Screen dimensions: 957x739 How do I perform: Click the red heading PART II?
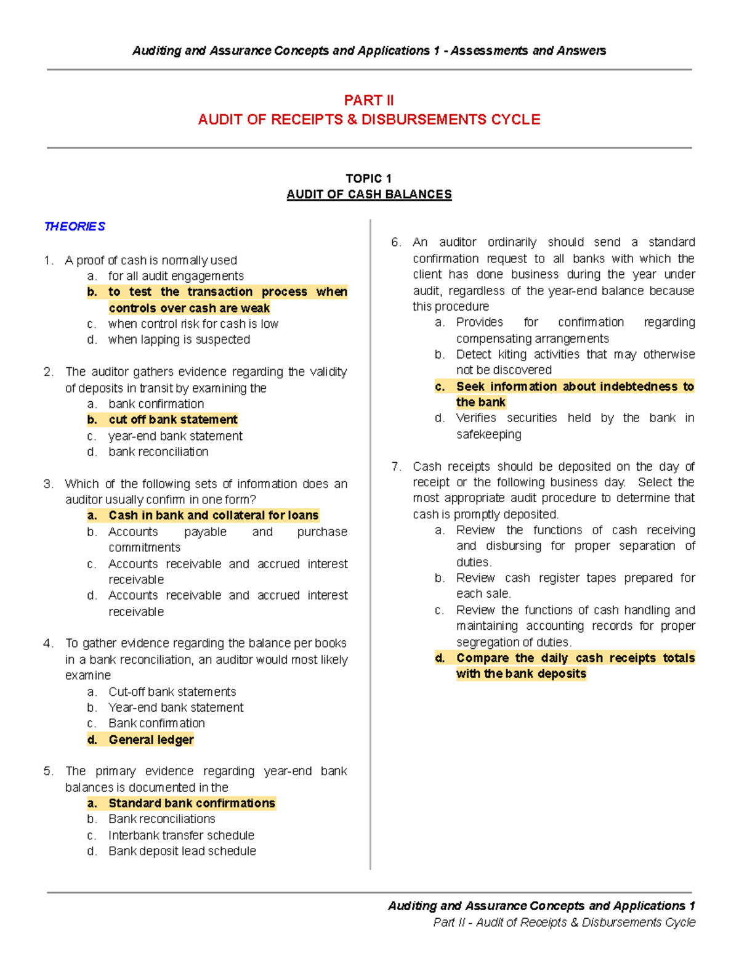[369, 100]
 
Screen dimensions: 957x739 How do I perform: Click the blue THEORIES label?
[75, 226]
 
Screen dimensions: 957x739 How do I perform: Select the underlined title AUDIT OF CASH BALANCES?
[369, 194]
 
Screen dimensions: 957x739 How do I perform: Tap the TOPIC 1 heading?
[369, 178]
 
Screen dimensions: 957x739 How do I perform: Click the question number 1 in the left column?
[48, 260]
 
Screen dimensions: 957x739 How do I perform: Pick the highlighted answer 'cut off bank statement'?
[172, 420]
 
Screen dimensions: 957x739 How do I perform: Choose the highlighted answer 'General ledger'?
[151, 739]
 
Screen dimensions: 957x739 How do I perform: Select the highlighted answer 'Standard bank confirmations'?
[192, 803]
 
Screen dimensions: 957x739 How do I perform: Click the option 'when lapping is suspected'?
[179, 340]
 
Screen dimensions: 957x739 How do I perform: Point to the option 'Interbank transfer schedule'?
[181, 835]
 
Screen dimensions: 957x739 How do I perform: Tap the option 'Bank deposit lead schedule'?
[182, 851]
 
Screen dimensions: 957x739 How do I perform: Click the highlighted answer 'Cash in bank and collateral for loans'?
[214, 515]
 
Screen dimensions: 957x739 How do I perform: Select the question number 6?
[396, 242]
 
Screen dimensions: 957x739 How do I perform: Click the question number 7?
[396, 466]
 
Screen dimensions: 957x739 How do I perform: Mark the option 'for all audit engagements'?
[176, 276]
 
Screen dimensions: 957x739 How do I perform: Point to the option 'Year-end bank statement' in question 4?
[176, 707]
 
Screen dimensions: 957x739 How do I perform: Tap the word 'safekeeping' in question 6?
[488, 434]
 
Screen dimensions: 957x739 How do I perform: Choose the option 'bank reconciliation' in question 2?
[158, 452]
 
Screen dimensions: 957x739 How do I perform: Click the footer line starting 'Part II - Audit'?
[564, 922]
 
